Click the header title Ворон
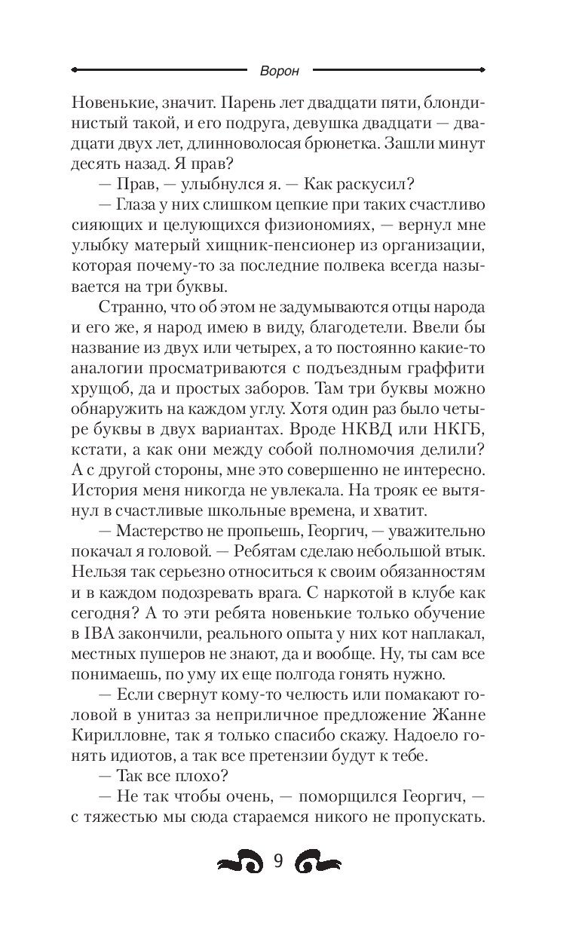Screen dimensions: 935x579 click(x=279, y=71)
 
